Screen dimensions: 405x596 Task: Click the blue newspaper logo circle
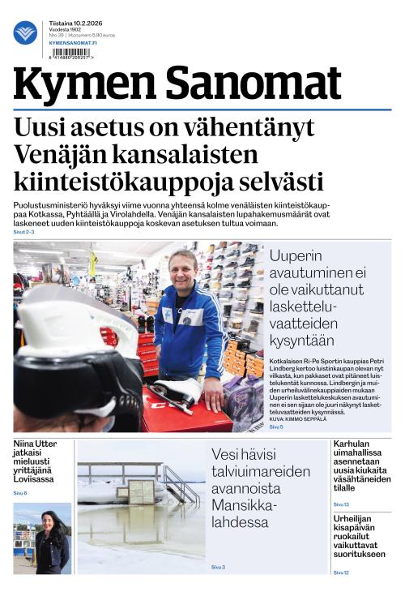[x=25, y=32]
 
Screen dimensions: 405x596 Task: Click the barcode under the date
[x=71, y=55]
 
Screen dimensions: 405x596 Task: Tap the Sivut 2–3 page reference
[x=24, y=232]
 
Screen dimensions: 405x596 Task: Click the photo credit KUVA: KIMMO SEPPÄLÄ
[x=299, y=419]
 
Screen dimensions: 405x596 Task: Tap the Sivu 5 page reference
[x=276, y=426]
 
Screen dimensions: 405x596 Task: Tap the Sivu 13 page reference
[x=341, y=504]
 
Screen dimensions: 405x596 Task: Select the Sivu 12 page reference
[x=341, y=572]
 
